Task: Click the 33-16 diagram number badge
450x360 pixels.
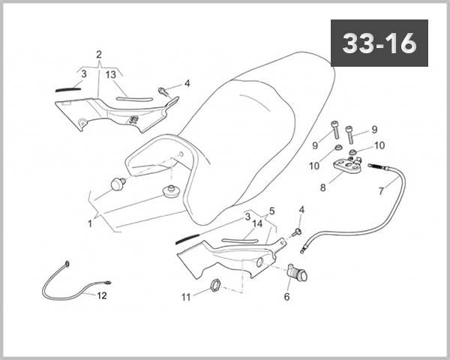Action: (379, 44)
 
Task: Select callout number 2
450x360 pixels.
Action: (98, 55)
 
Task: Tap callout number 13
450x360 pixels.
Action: (110, 74)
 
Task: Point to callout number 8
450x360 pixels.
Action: (323, 187)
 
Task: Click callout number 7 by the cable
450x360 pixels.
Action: (381, 190)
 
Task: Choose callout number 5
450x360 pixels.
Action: (271, 211)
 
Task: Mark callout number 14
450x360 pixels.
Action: (257, 223)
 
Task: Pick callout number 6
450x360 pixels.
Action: (286, 296)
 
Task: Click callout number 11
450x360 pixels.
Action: (186, 297)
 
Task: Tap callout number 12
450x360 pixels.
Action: (101, 295)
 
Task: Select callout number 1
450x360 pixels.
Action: (89, 223)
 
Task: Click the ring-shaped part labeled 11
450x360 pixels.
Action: (213, 285)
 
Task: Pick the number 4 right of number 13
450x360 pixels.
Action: (187, 82)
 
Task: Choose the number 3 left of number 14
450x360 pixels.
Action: (247, 217)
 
